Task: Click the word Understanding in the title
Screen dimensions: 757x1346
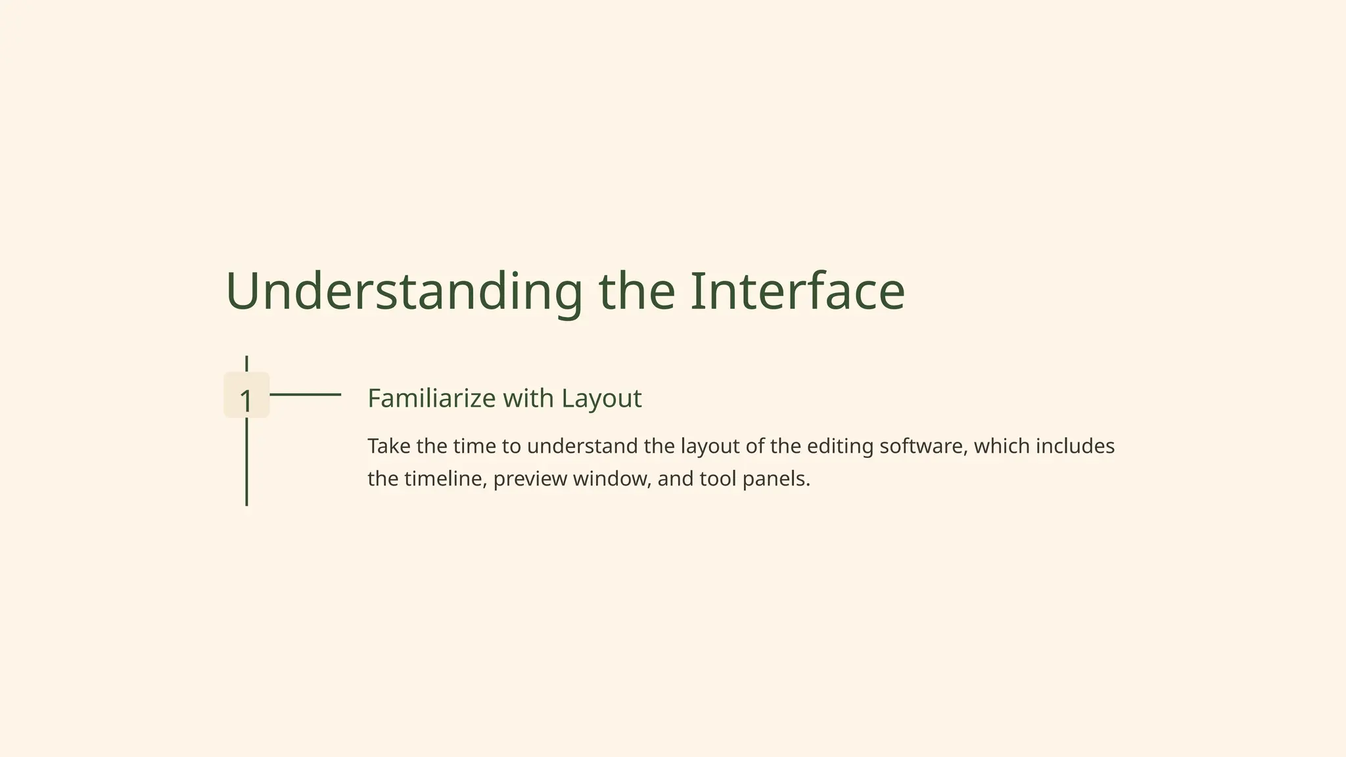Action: click(x=404, y=291)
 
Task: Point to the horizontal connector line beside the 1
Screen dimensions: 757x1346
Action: click(x=305, y=394)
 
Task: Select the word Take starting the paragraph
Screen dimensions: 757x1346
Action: click(x=388, y=446)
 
